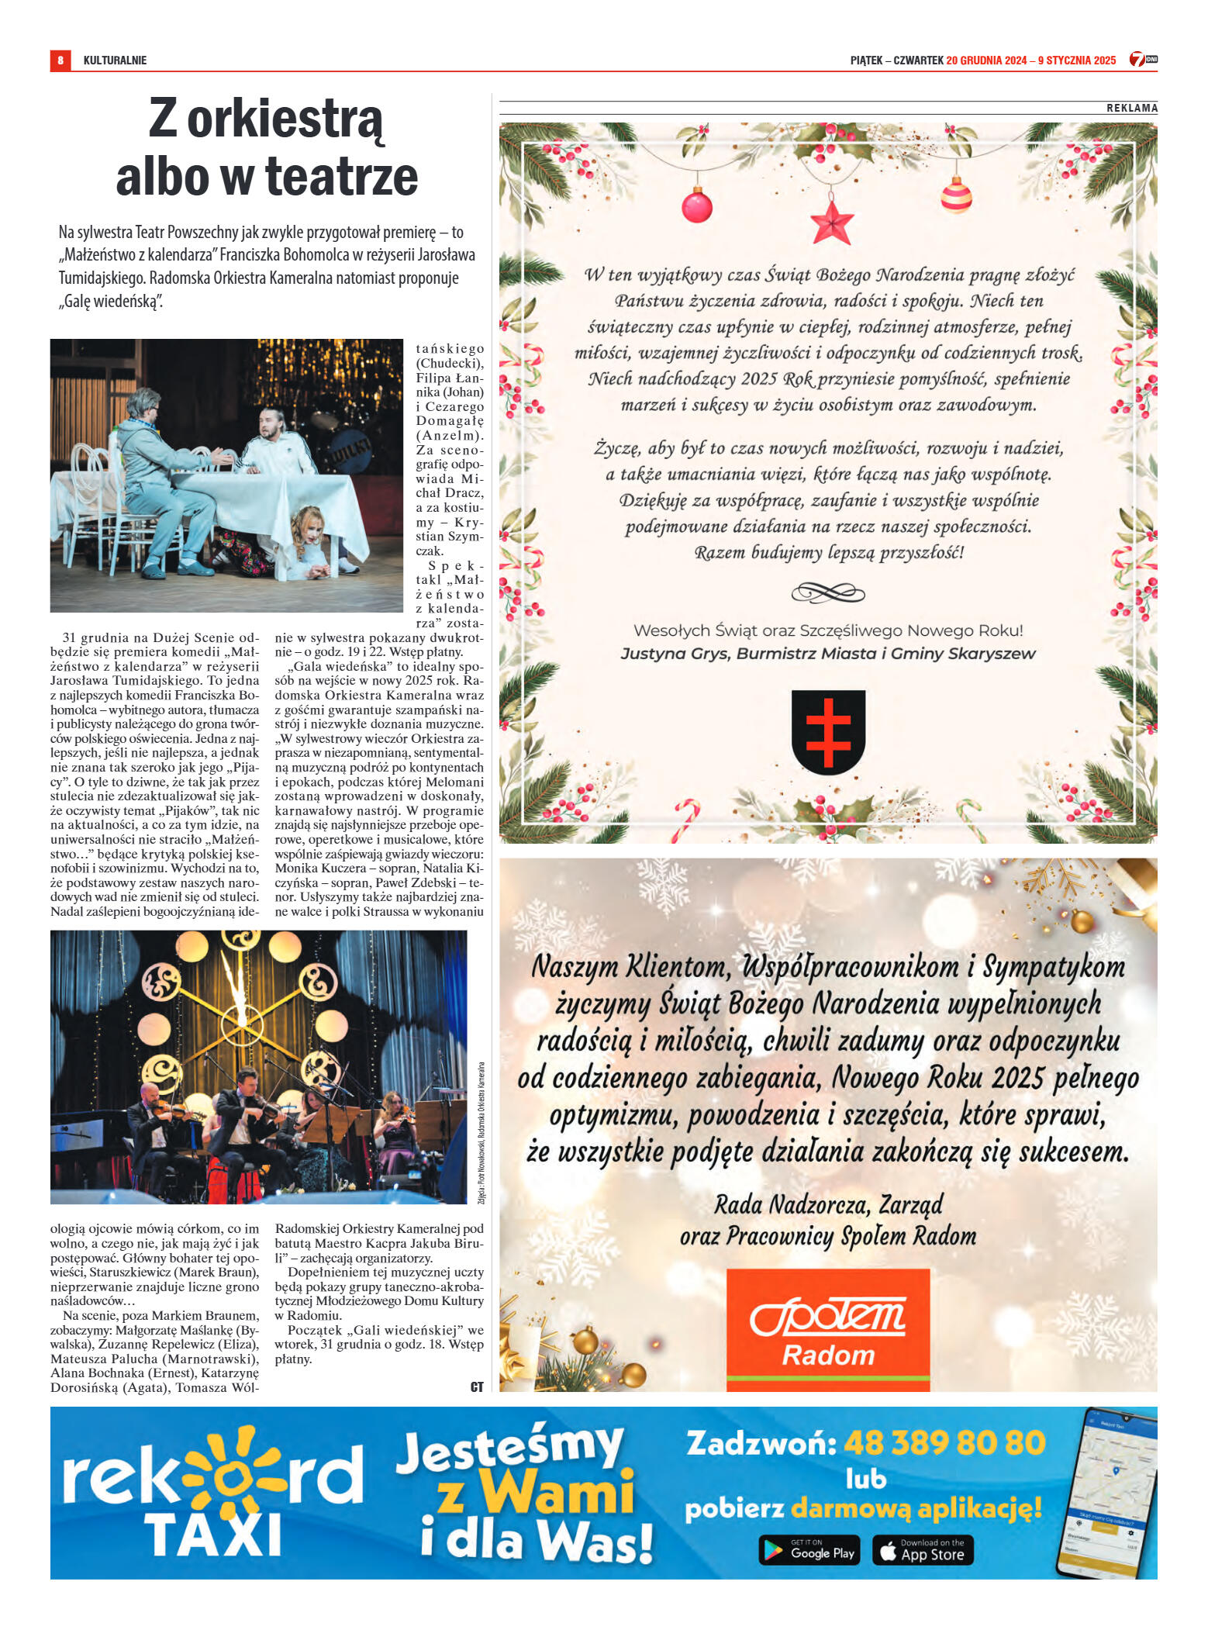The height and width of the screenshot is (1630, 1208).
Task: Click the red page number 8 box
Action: tap(60, 60)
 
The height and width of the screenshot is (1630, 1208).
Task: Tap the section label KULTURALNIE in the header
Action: tap(115, 60)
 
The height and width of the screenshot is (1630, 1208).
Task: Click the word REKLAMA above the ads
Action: tap(1131, 109)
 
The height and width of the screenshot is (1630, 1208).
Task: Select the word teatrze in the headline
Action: tap(342, 177)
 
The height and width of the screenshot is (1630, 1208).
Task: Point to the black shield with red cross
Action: tap(828, 731)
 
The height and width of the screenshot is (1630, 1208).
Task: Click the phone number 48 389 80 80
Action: tap(944, 1443)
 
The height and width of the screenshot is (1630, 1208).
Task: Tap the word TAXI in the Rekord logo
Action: tap(212, 1535)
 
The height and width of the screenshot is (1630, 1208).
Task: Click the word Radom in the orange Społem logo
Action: tap(828, 1355)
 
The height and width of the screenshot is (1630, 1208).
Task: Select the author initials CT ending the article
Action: tap(477, 1387)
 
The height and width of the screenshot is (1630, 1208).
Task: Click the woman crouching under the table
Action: tap(310, 543)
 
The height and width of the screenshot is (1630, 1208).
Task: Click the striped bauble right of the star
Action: tap(956, 195)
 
